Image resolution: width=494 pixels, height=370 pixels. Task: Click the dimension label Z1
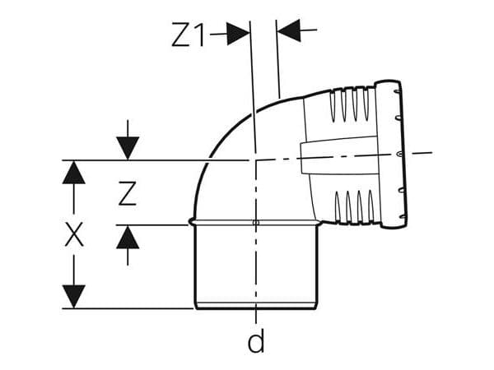pos(188,35)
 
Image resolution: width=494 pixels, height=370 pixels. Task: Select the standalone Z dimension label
pos(128,193)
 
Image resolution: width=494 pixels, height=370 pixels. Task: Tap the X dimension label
pos(74,234)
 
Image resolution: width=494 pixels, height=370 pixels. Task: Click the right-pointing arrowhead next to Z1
pos(238,34)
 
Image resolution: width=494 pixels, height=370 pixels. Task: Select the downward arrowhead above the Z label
pos(128,148)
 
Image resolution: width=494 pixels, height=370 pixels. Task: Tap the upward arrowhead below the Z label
pos(128,238)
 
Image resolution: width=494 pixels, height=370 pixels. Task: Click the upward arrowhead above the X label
pos(74,173)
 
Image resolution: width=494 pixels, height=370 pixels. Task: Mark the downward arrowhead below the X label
pos(74,296)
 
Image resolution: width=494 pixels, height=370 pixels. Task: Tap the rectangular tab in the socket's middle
pos(338,155)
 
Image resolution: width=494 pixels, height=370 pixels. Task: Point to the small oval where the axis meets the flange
pos(398,154)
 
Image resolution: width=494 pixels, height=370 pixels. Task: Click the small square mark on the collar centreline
pos(256,223)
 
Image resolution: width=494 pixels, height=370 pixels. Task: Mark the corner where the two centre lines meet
pos(255,160)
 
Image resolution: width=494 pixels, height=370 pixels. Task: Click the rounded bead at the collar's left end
pos(191,223)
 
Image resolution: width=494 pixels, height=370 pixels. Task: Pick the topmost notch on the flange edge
pos(397,91)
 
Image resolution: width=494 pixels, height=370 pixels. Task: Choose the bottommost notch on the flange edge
pos(403,216)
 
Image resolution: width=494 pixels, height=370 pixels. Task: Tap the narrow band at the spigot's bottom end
pos(256,306)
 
